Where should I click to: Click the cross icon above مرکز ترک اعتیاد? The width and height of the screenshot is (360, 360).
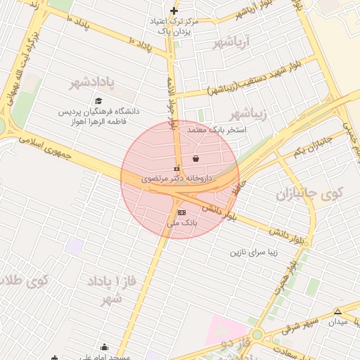(x=174, y=11)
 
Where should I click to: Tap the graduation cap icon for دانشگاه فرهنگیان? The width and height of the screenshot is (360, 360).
(x=98, y=101)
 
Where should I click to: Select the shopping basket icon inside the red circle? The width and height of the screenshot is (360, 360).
(x=195, y=160)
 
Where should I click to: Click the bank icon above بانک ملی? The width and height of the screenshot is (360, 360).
(x=182, y=212)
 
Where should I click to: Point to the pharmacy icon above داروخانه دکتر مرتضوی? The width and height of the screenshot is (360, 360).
(x=176, y=169)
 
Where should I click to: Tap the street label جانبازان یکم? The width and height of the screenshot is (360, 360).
(x=312, y=146)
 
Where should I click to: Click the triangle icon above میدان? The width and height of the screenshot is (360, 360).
(x=338, y=311)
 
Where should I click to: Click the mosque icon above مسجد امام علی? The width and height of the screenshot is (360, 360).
(x=104, y=347)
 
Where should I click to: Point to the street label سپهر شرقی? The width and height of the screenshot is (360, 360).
(x=300, y=326)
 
